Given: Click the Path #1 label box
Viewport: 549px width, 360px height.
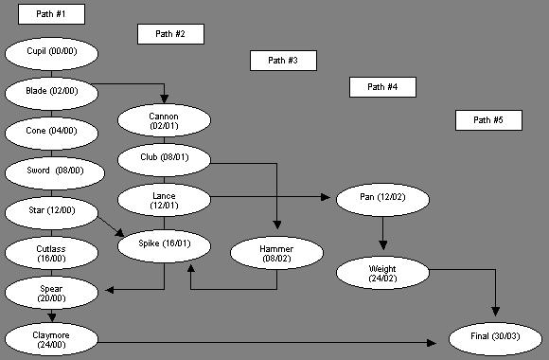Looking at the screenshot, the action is [x=51, y=14].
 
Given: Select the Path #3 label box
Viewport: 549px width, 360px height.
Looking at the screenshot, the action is [x=283, y=61].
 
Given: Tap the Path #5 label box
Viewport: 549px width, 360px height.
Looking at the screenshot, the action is [x=488, y=120].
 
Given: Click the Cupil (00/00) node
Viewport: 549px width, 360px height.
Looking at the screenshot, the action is [x=51, y=54].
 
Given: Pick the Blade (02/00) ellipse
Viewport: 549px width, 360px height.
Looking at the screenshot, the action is [x=51, y=94].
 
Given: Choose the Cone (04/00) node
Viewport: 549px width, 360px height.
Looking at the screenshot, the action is [x=51, y=134].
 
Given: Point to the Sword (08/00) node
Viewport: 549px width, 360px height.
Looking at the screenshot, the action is [x=55, y=173].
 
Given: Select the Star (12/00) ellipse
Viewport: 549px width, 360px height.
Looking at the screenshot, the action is [x=51, y=213].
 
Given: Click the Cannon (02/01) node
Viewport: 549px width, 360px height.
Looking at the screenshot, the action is [x=164, y=120].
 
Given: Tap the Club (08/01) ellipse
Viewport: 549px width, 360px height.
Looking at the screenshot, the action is [x=164, y=160].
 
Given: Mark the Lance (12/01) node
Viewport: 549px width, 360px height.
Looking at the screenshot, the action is [x=164, y=200].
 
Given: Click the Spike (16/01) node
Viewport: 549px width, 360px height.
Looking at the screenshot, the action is [x=164, y=246].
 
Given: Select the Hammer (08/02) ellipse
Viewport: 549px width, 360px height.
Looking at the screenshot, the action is [x=276, y=253].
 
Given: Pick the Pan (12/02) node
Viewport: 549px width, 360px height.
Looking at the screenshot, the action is [x=382, y=200].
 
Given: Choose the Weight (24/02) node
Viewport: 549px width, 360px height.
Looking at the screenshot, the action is [x=382, y=273].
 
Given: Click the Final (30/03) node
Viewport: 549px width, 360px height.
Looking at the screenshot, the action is [x=495, y=339].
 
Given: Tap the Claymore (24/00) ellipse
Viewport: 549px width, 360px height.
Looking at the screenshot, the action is [x=51, y=339].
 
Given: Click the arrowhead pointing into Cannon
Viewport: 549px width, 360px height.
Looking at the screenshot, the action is [x=164, y=99].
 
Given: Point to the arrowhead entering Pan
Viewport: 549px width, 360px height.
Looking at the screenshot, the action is [x=326, y=197].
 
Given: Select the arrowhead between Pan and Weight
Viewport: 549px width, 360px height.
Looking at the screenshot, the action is [x=382, y=245].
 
